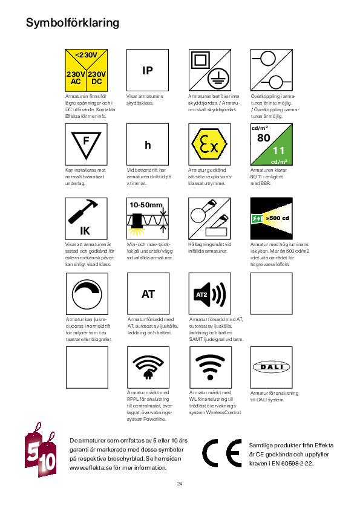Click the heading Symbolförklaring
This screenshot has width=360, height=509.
(73, 23)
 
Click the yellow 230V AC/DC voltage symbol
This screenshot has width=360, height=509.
(86, 70)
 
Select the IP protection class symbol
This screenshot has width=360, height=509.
(148, 70)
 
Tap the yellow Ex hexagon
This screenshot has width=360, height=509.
(209, 144)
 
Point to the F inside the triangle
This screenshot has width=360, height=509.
(86, 141)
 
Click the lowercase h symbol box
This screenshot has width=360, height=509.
(148, 144)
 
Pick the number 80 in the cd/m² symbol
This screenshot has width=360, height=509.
(264, 138)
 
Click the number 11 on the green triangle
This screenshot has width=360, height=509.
(278, 151)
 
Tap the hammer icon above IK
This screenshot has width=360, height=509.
(83, 212)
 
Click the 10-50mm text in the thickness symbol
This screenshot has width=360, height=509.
(146, 205)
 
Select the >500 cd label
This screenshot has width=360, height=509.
(278, 218)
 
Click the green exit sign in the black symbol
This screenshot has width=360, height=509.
(257, 219)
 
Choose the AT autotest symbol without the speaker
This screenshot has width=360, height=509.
(148, 294)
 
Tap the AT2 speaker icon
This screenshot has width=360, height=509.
(210, 294)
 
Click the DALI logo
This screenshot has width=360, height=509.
(271, 367)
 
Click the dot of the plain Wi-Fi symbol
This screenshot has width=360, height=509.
(210, 377)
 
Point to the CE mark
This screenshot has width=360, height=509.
(222, 453)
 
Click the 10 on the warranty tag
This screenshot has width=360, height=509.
(47, 462)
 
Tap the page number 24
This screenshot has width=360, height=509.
(180, 484)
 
